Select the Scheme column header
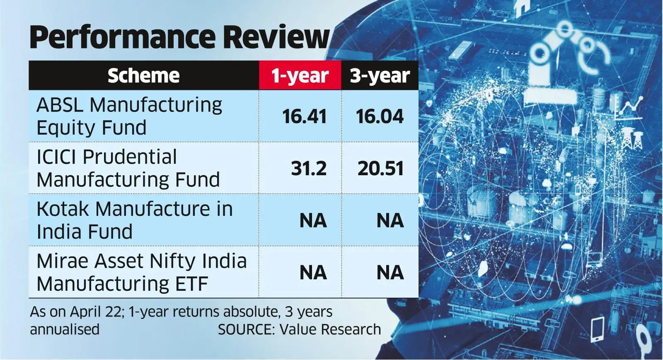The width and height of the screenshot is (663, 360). [x=143, y=76]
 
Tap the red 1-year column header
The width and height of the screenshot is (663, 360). [x=300, y=76]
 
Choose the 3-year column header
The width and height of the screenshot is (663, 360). [x=380, y=76]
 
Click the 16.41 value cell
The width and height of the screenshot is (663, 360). [x=305, y=116]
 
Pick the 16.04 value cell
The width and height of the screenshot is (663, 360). [x=380, y=116]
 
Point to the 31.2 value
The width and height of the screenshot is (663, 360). [x=309, y=169]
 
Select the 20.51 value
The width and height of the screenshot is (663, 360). [x=380, y=169]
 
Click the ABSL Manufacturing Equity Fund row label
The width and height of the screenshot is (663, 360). [x=129, y=116]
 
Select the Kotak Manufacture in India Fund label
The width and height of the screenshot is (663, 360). [x=134, y=220]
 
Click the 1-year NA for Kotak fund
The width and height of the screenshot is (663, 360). [x=313, y=220]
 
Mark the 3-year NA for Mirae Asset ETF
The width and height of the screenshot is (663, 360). [x=390, y=273]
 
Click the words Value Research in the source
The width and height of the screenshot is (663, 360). [x=330, y=329]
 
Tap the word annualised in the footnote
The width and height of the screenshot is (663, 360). [x=65, y=329]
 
